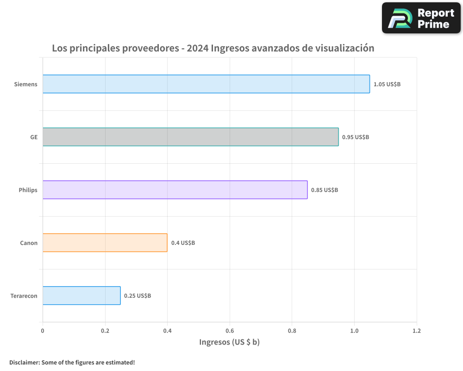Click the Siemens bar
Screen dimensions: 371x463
pos(206,84)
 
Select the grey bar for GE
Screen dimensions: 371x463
pos(190,137)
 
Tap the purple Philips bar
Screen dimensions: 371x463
pos(175,190)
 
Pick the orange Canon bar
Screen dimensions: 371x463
pos(105,243)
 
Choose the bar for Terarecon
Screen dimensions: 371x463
pos(81,295)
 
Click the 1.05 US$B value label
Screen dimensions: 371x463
pos(387,84)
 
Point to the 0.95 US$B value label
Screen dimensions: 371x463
pos(356,137)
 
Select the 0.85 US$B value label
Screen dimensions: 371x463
pos(325,190)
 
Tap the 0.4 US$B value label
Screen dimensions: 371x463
pos(183,243)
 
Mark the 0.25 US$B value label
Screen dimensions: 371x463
pos(138,296)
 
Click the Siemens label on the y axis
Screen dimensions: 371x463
pos(25,84)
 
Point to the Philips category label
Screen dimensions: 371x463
pos(28,190)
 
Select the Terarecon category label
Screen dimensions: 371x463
pos(24,296)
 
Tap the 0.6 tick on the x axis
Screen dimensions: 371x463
pos(230,331)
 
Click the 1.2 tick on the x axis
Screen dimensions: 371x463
pos(417,331)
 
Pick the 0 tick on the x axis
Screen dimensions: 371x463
pos(43,331)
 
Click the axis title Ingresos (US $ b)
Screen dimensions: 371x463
pos(230,342)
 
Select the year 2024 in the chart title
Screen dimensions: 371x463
pos(197,48)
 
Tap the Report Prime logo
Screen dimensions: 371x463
pos(421,18)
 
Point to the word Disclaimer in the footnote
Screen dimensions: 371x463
pos(24,362)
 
